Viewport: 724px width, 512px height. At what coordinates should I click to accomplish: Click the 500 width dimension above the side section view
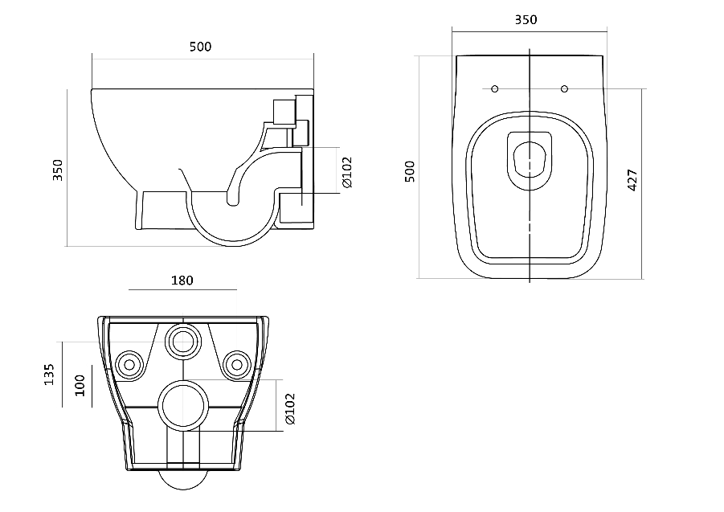(x=200, y=47)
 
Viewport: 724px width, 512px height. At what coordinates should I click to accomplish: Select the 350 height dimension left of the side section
(x=58, y=170)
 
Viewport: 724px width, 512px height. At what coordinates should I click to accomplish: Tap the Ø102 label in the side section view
(x=347, y=172)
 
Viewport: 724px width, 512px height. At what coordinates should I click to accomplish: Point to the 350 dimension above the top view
(x=526, y=20)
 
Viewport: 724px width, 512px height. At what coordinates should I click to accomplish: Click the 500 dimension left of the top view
(x=410, y=171)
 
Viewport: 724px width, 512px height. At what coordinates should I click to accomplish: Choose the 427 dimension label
(x=632, y=180)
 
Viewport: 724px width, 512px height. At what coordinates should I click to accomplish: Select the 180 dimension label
(x=182, y=281)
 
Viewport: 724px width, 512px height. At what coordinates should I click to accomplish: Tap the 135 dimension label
(x=49, y=375)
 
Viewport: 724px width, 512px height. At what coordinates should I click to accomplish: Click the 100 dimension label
(x=80, y=386)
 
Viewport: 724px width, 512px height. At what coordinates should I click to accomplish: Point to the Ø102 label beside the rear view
(x=290, y=408)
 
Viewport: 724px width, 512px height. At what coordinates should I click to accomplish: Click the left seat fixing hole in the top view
(x=494, y=88)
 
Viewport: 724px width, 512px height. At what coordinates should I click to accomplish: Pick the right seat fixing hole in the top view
(x=564, y=88)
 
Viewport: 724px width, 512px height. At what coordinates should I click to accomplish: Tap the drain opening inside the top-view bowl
(x=530, y=160)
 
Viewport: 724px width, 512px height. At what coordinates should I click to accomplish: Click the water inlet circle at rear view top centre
(x=183, y=342)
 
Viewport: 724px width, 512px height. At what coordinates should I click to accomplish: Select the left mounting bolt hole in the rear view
(x=129, y=365)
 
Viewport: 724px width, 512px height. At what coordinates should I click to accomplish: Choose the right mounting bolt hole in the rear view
(x=237, y=365)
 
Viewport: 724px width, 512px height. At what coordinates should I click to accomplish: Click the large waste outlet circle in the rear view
(x=183, y=405)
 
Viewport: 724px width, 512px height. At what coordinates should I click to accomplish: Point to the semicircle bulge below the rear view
(x=183, y=480)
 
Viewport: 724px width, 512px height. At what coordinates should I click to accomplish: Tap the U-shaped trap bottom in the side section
(x=233, y=221)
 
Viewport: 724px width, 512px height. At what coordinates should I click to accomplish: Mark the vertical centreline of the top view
(x=530, y=166)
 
